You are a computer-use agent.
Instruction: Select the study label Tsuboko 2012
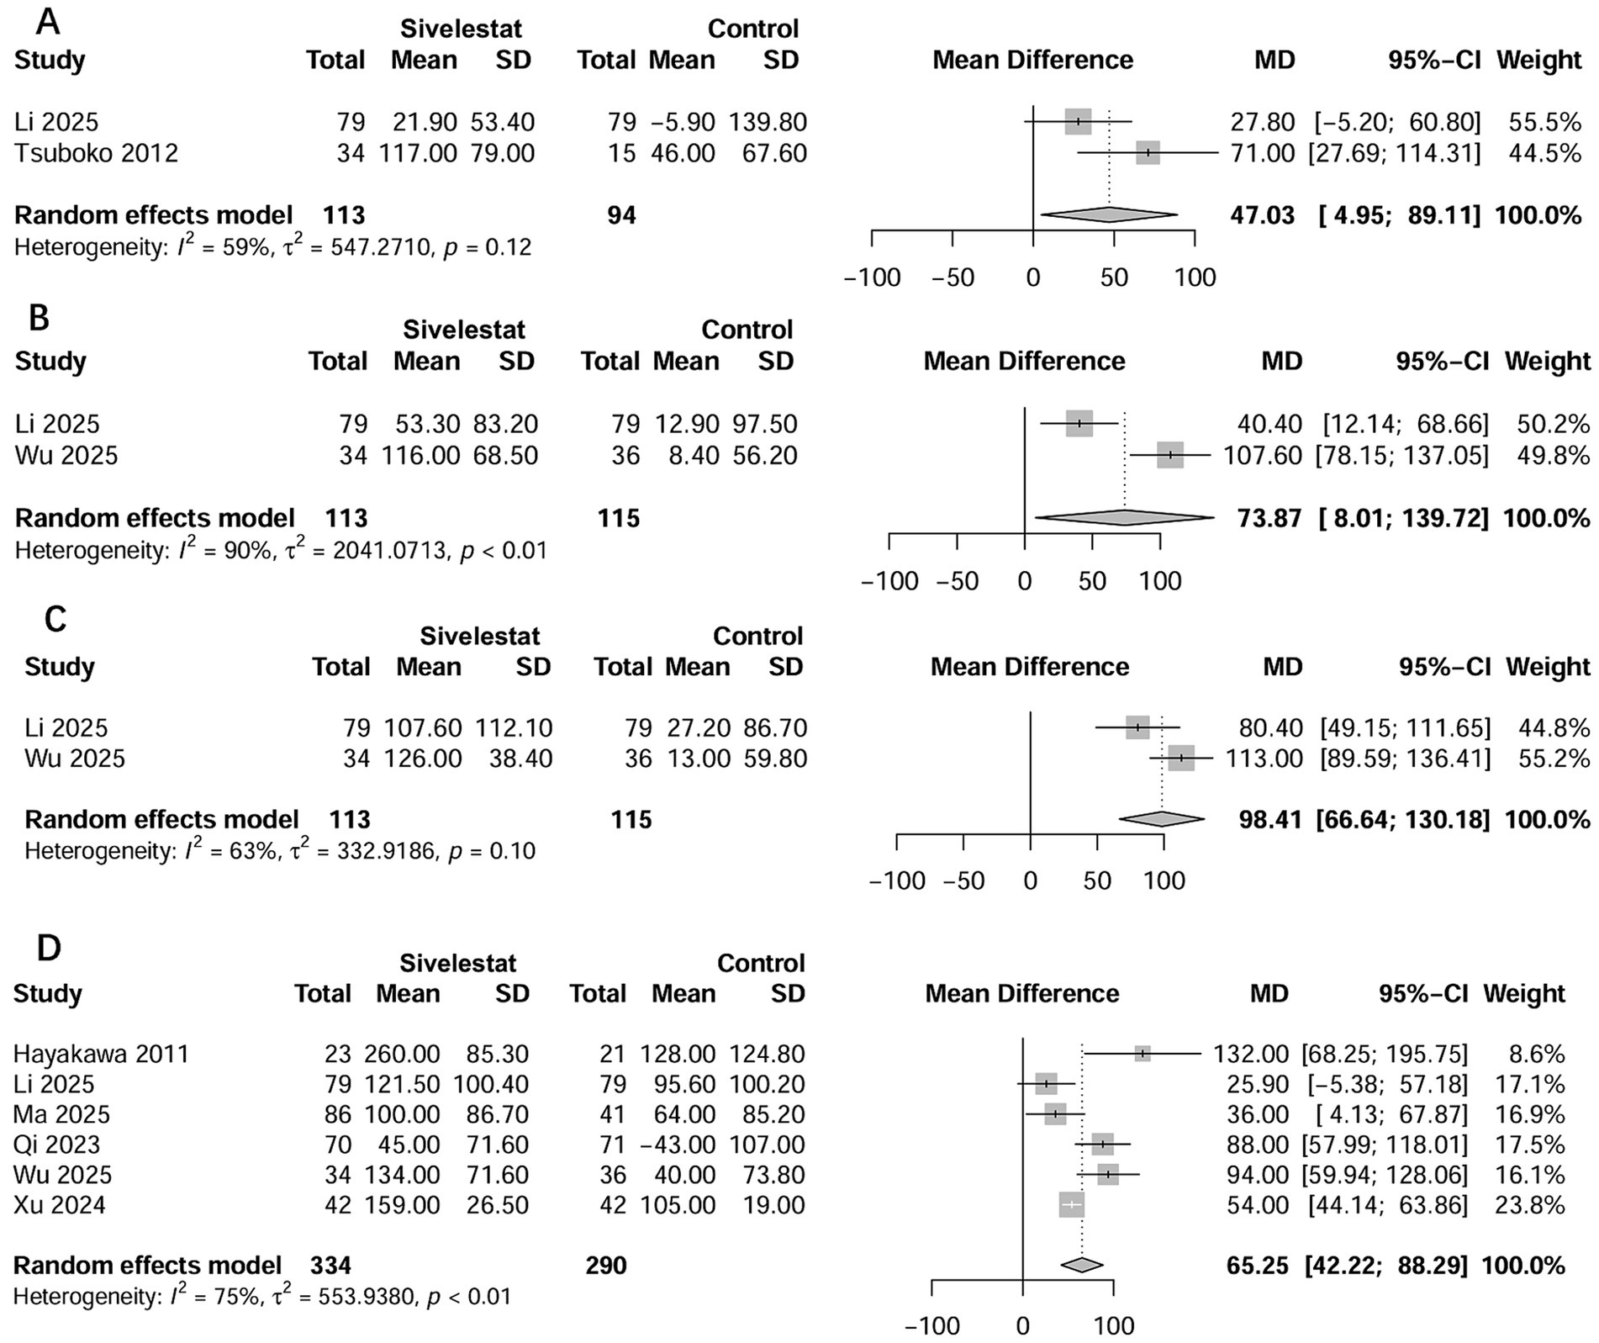[x=97, y=153]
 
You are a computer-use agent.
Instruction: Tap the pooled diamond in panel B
[x=1124, y=518]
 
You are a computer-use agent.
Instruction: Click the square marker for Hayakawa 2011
[x=1143, y=1054]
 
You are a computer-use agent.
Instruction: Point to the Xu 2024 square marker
[x=1071, y=1205]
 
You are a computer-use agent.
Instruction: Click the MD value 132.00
[x=1251, y=1054]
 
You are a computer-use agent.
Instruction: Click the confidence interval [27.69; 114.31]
[x=1394, y=153]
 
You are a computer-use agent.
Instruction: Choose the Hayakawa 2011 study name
[x=101, y=1054]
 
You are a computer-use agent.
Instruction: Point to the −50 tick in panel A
[x=953, y=278]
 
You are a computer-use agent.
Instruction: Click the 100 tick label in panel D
[x=1113, y=1326]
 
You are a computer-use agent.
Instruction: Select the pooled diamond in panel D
[x=1082, y=1265]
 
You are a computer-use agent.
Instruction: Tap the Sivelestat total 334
[x=330, y=1265]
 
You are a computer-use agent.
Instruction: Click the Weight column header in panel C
[x=1548, y=666]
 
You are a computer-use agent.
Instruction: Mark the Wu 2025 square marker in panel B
[x=1170, y=455]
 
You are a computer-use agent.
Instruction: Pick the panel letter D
[x=49, y=948]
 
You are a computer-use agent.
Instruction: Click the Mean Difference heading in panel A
[x=1032, y=60]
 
